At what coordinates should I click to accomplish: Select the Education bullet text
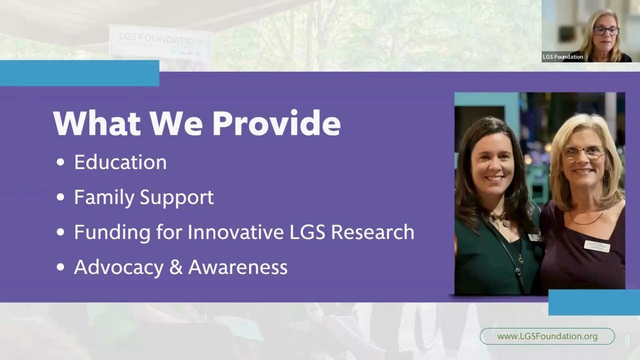tap(120, 162)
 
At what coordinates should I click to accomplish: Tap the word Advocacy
tap(118, 267)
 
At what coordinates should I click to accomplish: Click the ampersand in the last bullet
tap(175, 267)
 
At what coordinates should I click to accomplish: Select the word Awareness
tap(237, 267)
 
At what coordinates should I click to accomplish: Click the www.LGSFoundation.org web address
tap(547, 336)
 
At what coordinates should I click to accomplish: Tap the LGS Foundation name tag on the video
tap(562, 57)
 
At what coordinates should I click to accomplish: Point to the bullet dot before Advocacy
tap(61, 268)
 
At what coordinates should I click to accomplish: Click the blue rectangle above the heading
tap(79, 73)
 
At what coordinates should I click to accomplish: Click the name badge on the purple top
tap(597, 245)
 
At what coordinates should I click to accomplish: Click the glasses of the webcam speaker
tap(606, 30)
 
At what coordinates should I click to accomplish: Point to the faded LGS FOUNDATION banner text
tap(159, 40)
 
